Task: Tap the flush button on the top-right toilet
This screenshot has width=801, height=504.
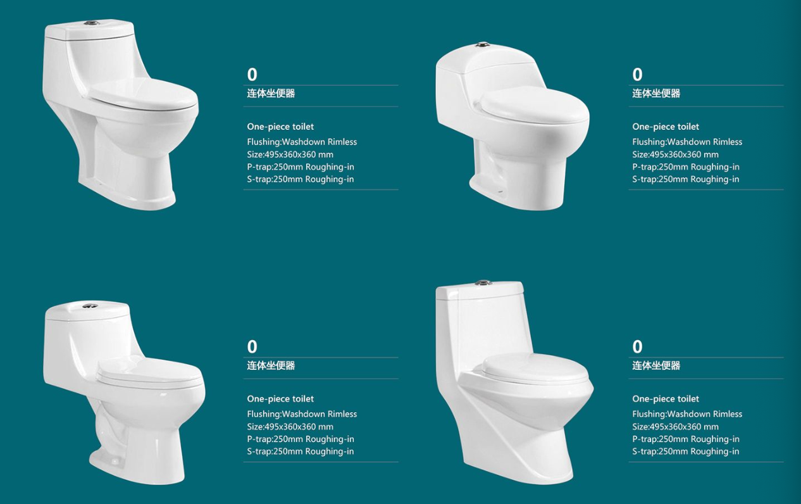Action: click(x=480, y=46)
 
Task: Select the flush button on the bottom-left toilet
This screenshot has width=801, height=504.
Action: click(x=87, y=306)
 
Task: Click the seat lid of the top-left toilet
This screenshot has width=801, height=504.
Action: click(x=143, y=93)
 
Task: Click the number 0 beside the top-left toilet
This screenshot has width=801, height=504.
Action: click(x=252, y=75)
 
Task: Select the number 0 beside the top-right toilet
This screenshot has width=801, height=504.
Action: click(x=637, y=75)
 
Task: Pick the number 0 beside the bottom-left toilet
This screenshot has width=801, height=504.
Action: click(x=252, y=346)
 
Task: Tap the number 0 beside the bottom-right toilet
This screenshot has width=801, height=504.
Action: click(x=637, y=346)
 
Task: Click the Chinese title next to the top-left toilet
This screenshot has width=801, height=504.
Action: click(x=271, y=94)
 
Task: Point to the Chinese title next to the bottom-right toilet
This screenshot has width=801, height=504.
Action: click(x=656, y=365)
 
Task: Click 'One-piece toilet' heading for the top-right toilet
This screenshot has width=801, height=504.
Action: click(x=666, y=127)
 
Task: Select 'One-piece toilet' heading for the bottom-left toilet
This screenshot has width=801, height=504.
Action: click(x=280, y=399)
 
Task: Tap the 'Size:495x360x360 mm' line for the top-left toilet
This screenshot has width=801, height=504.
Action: click(x=290, y=154)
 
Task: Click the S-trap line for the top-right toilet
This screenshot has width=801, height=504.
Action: click(x=685, y=179)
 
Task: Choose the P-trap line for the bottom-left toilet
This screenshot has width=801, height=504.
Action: click(x=301, y=439)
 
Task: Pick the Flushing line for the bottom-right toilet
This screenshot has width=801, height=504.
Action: click(x=687, y=414)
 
